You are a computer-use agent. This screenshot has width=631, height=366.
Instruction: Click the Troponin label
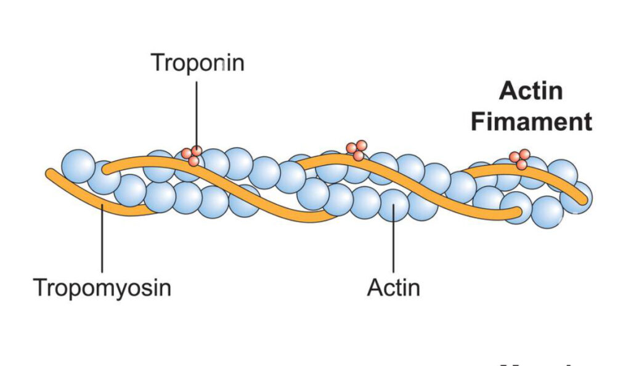(x=197, y=62)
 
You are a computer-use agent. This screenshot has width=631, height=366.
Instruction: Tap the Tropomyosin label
(x=102, y=288)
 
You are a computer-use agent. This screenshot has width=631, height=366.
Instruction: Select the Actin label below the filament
(x=393, y=287)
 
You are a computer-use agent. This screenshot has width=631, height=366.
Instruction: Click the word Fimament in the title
(x=531, y=121)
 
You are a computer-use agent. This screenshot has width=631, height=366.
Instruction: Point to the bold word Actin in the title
(x=531, y=91)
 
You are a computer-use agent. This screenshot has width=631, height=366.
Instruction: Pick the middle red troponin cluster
(x=356, y=150)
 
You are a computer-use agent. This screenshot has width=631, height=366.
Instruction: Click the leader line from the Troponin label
(x=197, y=111)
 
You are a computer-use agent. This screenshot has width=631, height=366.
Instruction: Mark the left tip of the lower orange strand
(x=49, y=173)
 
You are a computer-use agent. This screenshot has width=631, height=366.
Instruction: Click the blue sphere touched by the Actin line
(x=394, y=205)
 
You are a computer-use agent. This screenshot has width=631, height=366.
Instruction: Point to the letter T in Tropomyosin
(x=39, y=288)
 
